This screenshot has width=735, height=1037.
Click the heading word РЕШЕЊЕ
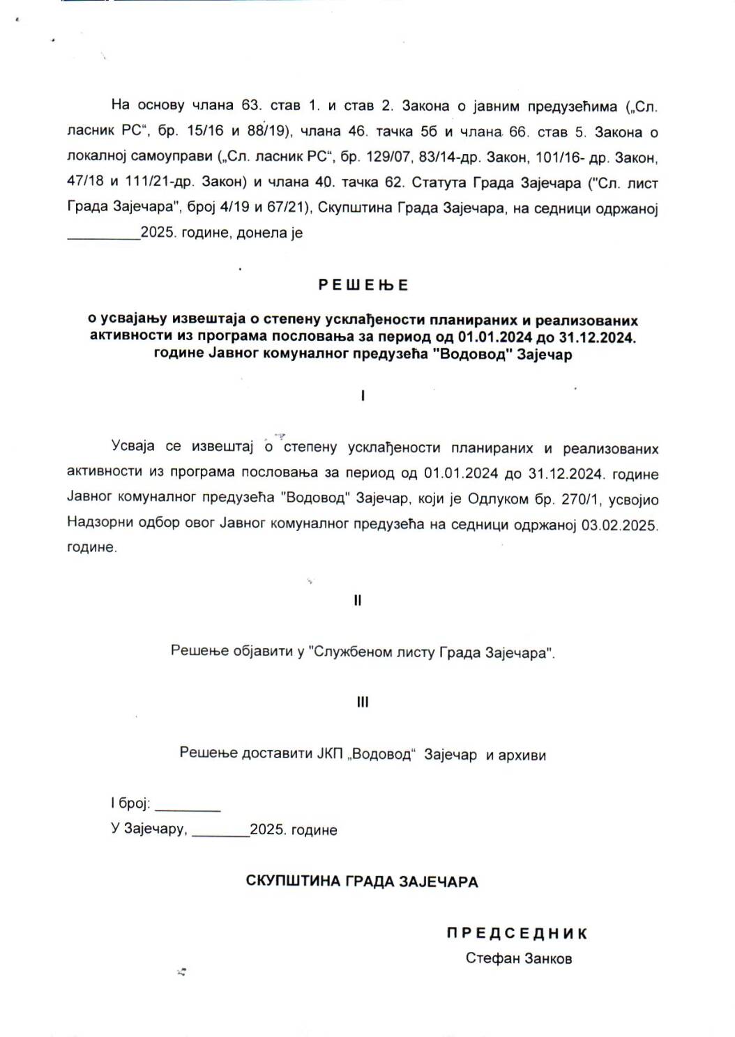[x=363, y=285]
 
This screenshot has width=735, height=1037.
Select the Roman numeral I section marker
[x=363, y=396]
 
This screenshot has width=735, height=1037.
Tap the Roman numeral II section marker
[x=358, y=601]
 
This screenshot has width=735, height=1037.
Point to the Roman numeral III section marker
[x=363, y=702]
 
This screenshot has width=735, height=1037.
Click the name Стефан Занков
[x=519, y=958]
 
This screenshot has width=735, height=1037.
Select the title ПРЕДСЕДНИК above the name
[x=517, y=933]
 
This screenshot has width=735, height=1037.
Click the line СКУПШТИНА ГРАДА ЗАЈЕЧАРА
[x=362, y=882]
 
